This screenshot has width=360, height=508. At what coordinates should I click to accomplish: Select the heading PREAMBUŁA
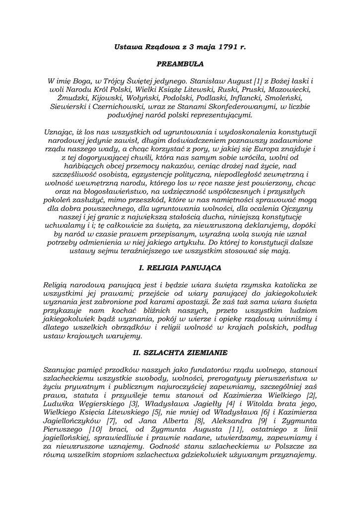tap(180, 64)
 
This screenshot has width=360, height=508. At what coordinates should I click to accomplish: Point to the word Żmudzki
tap(64, 98)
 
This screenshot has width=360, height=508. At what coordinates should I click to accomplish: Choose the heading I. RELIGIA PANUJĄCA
tap(180, 267)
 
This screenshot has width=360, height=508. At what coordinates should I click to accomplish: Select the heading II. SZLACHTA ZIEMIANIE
tap(180, 353)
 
